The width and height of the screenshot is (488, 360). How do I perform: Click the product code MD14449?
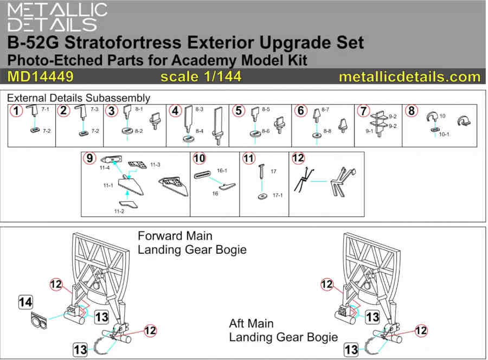[41, 76]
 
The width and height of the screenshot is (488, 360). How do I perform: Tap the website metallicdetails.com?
[409, 77]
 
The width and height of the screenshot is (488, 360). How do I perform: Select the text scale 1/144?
[201, 76]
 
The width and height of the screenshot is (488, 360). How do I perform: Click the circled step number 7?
[363, 111]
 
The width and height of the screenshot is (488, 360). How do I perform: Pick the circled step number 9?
[89, 158]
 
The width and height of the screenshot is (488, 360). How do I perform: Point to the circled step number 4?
[176, 111]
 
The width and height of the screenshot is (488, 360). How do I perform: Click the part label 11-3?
[155, 165]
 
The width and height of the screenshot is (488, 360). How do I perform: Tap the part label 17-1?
[278, 195]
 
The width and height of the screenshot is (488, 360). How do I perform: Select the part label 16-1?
[222, 170]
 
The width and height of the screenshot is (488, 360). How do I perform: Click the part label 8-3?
[199, 109]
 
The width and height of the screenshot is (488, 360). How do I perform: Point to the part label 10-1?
[444, 134]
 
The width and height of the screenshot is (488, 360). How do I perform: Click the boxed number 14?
[25, 302]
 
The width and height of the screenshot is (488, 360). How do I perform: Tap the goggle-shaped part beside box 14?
[39, 320]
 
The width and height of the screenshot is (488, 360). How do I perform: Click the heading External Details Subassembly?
[79, 98]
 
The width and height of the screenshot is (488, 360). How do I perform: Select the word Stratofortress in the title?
[123, 42]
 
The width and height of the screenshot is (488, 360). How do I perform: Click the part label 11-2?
[119, 211]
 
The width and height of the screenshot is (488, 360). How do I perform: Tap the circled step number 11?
[249, 158]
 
